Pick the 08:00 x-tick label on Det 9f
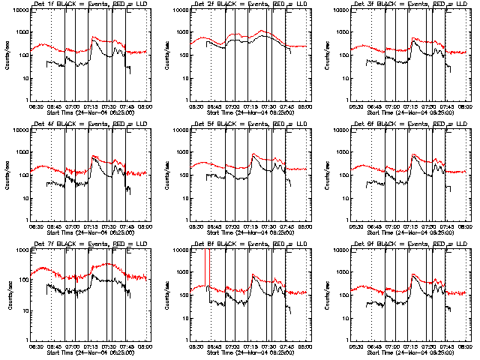[x=464, y=347]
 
